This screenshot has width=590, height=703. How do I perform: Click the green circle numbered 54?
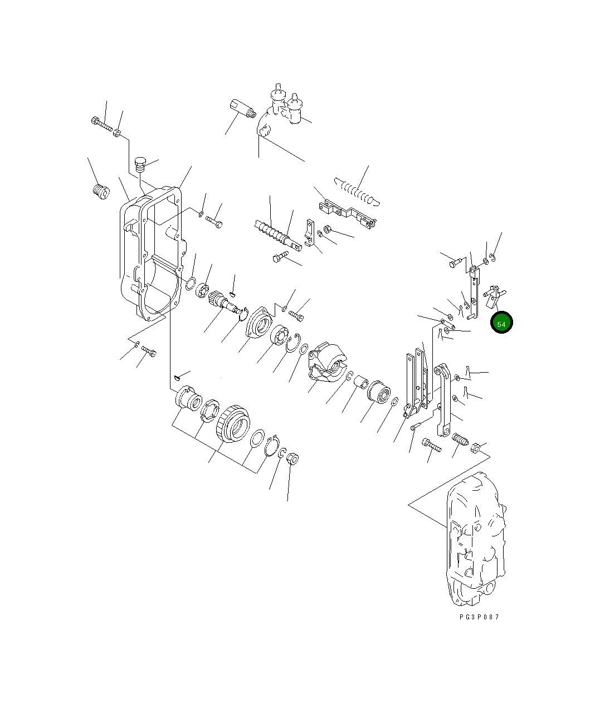501,323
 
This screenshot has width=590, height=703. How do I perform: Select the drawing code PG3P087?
479,617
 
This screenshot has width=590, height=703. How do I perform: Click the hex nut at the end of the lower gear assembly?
292,459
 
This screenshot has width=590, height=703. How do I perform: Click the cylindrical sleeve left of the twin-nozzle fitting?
241,108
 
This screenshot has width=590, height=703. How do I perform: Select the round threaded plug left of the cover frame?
100,192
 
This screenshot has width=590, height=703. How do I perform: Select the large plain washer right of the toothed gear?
257,438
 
